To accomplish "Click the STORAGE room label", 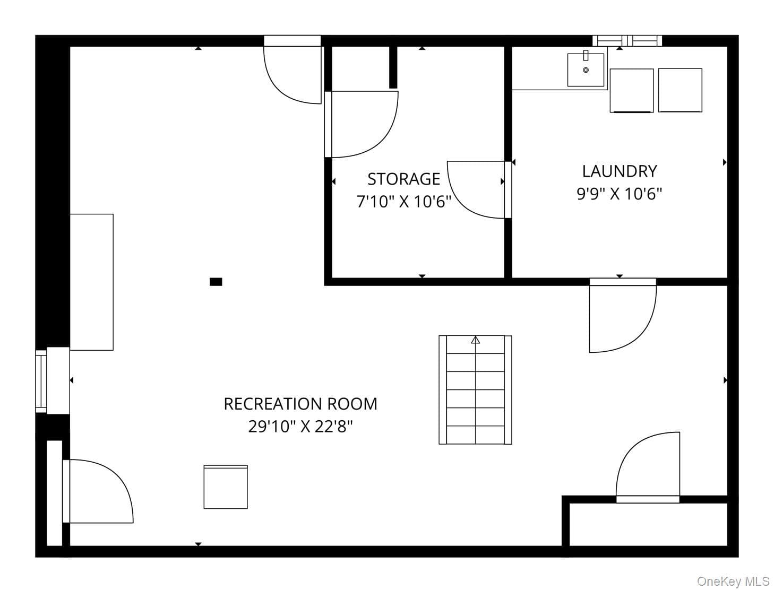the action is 404,179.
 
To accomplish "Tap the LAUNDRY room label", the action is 620,171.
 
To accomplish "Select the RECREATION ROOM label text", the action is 300,404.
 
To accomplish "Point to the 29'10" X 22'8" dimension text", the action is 300,427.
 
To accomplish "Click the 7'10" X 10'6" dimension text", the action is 404,202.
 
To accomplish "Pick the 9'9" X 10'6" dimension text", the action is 620,194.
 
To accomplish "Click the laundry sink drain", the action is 586,70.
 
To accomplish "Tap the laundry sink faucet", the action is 586,55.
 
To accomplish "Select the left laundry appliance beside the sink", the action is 632,91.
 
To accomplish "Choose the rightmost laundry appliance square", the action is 680,90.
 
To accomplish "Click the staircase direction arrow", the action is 475,340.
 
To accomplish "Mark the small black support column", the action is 216,282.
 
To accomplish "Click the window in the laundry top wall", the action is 627,41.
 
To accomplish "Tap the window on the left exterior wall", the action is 41,381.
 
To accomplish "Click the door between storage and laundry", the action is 478,189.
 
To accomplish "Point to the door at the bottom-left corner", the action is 98,491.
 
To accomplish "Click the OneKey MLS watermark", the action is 733,581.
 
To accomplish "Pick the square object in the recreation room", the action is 226,487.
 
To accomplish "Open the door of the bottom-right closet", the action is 648,467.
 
